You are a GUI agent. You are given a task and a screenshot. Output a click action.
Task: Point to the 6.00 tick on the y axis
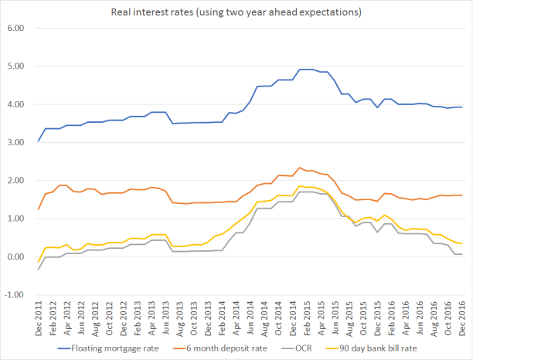click(x=16, y=28)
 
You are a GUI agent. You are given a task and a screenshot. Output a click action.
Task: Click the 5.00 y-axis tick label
click(x=16, y=66)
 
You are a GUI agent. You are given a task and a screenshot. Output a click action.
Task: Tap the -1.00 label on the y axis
click(x=15, y=294)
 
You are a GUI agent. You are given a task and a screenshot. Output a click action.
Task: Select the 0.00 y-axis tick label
click(x=16, y=256)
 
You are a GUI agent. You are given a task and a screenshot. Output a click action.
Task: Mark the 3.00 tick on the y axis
click(x=16, y=142)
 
